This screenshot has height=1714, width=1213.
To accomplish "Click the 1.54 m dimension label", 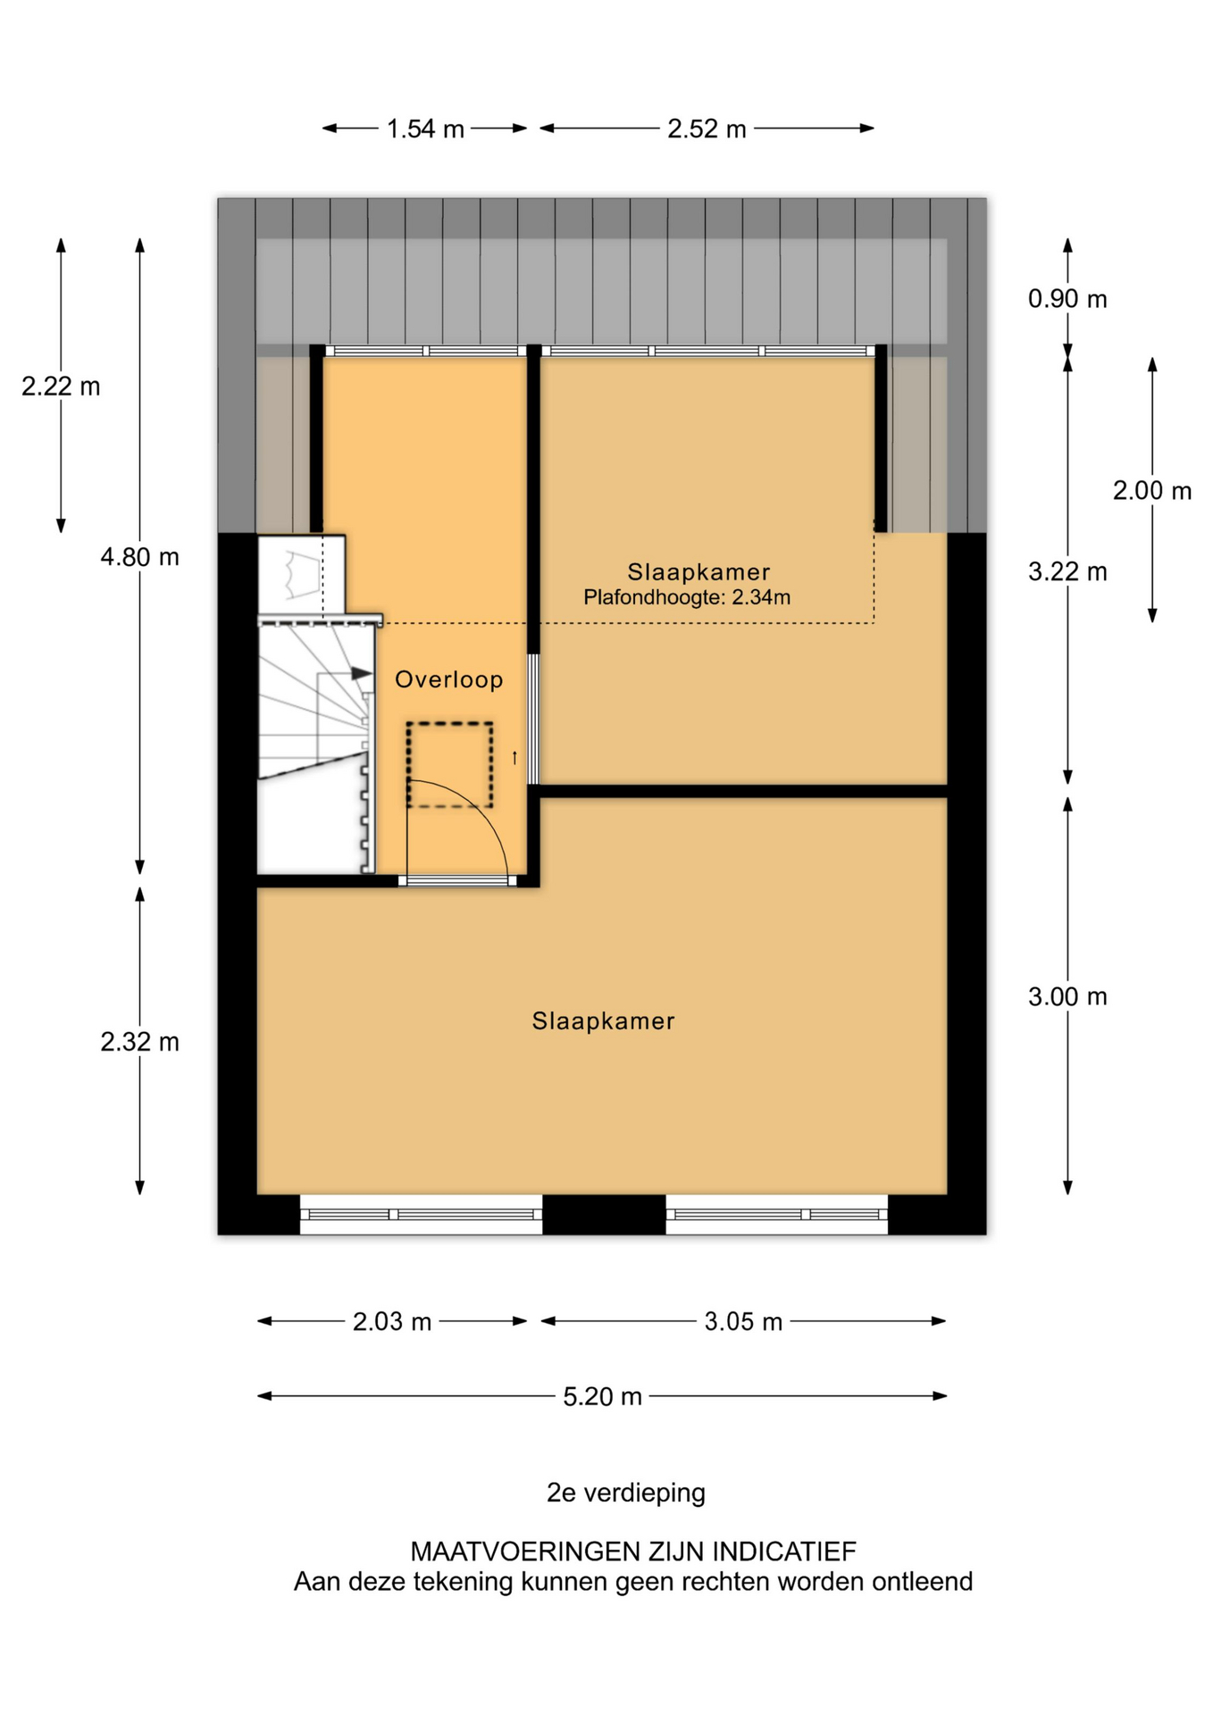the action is [x=425, y=129].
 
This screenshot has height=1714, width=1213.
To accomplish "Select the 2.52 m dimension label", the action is [x=707, y=129].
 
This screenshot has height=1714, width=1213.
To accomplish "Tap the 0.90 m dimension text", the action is [x=1067, y=299].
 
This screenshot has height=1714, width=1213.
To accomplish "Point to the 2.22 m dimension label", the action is [x=61, y=387].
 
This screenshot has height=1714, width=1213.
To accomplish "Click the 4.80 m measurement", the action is [x=140, y=557].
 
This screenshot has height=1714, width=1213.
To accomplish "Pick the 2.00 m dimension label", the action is [x=1152, y=491].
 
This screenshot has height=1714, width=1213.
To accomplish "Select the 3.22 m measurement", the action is [x=1067, y=571].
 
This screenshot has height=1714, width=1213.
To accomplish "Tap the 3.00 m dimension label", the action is [x=1067, y=997].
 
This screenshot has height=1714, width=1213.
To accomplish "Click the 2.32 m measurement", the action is [x=140, y=1042].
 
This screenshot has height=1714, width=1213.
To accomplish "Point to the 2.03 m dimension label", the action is [x=392, y=1321].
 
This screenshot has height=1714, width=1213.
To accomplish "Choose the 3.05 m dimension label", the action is [x=743, y=1321].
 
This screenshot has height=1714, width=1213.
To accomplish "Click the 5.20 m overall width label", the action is [x=602, y=1396].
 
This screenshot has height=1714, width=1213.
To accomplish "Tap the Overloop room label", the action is [x=449, y=680].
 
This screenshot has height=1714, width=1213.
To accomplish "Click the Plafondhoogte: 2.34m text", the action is [x=687, y=597].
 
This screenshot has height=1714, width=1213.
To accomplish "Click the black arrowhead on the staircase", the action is [x=362, y=673].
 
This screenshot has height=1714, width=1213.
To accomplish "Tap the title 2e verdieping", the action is [x=626, y=1493].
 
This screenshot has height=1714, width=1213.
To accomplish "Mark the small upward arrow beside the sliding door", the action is [x=514, y=758].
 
